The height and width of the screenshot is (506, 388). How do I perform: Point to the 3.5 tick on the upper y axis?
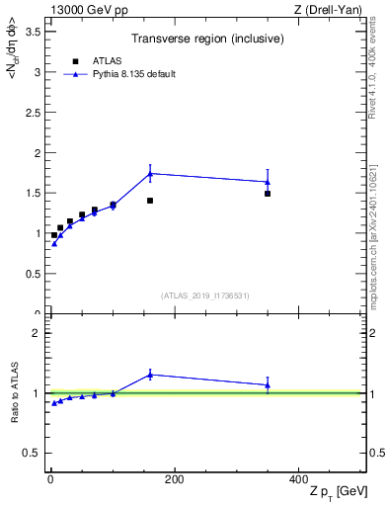point(33,32)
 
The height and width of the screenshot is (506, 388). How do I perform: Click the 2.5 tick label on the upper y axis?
point(33,113)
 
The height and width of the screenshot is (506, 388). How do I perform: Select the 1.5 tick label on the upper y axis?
point(33,194)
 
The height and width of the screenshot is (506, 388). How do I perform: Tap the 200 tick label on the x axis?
point(175,479)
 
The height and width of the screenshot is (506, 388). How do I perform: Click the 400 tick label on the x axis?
point(298,479)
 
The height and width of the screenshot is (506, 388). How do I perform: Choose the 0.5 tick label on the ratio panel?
point(33,453)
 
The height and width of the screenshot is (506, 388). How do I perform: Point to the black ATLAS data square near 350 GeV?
point(268,194)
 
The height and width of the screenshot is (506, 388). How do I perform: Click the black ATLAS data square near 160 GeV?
point(150,201)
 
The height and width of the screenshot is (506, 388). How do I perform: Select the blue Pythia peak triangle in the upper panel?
point(150,173)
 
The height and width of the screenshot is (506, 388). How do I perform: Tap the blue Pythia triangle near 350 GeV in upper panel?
point(268,181)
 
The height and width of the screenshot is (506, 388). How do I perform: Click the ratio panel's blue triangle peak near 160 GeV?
point(150,374)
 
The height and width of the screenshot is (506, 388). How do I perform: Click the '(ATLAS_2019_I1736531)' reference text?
point(206,295)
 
